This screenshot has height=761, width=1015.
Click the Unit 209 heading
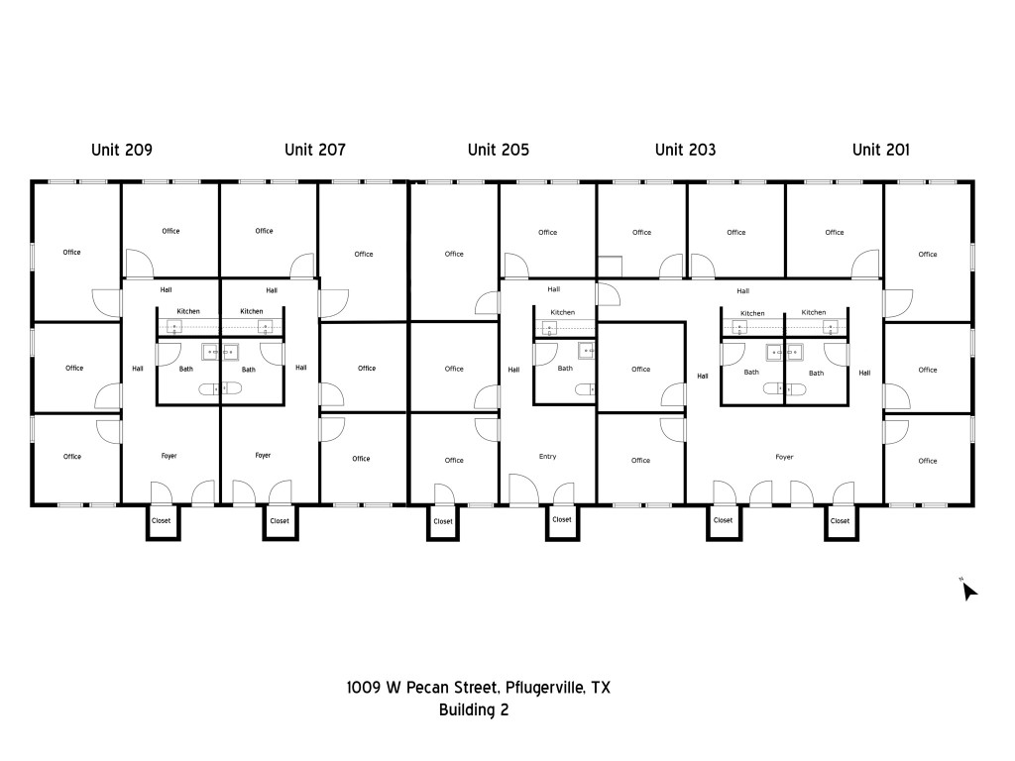point(121,150)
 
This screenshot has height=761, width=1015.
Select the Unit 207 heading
point(314,150)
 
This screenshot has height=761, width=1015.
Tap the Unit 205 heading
point(498,150)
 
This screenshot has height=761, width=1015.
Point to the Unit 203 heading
point(685,150)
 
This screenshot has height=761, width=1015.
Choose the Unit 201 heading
point(880,150)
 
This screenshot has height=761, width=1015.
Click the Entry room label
point(547,457)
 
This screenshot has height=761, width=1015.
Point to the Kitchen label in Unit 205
point(562,312)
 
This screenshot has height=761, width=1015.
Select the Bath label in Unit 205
point(564,369)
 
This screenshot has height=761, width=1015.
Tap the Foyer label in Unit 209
point(169,456)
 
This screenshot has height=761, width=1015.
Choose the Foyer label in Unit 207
point(263,456)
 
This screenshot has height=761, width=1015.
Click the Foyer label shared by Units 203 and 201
point(784,457)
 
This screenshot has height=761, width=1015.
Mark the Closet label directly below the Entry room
point(561,519)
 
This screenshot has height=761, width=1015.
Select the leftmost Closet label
point(161,520)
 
